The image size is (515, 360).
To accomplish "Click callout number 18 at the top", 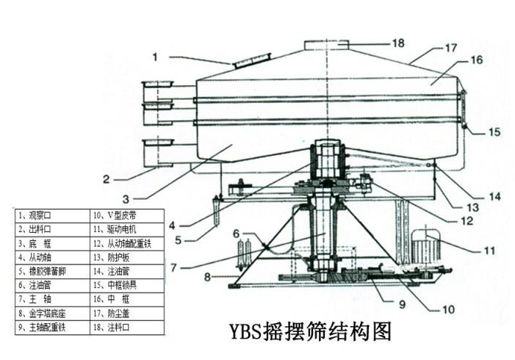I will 397,43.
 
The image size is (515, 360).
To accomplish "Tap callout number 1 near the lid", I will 155,55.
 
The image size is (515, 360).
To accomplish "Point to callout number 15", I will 494,133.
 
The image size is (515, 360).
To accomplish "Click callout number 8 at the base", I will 207,276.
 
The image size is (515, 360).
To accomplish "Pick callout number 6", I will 237,234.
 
